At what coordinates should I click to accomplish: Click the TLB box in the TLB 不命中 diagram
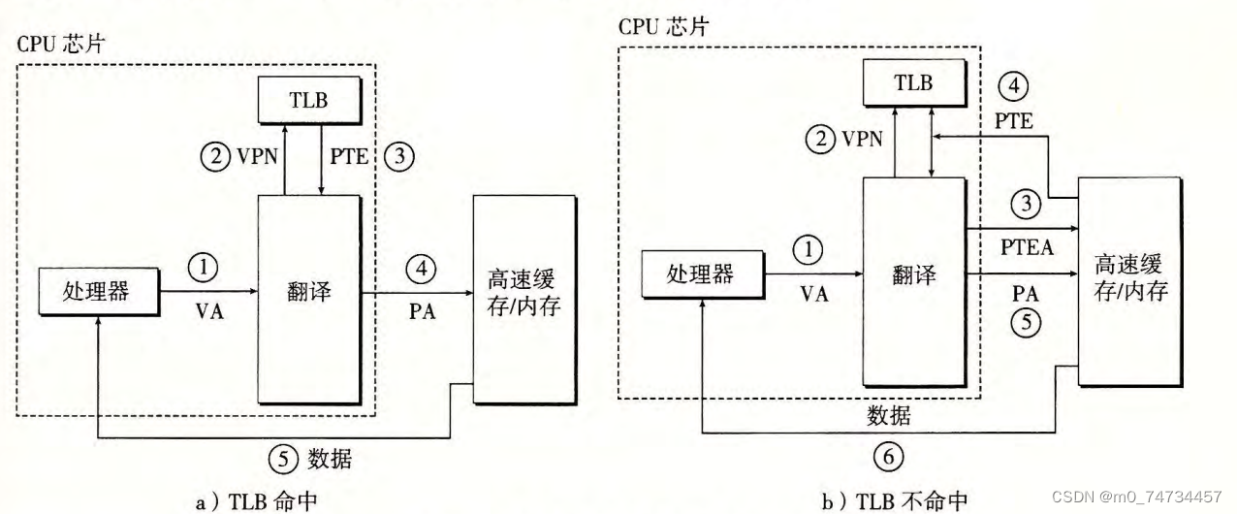(x=913, y=83)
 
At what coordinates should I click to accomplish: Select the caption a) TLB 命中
(x=255, y=500)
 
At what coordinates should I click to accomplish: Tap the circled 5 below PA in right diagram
(x=1025, y=321)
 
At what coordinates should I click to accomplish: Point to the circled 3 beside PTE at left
(x=398, y=155)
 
